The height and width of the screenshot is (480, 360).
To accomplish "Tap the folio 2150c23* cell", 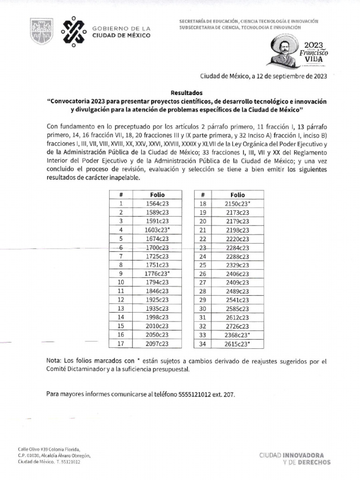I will pos(237,203).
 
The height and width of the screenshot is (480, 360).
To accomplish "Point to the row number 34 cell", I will pos(203,344).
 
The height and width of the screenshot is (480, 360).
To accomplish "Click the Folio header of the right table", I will pos(237,195).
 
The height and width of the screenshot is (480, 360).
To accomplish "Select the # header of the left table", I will pos(120,195).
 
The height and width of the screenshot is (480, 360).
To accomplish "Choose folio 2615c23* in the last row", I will pos(237,344).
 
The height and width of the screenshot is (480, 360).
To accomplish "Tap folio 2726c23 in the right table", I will pos(237,326).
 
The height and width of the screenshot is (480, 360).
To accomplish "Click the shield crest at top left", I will pos(41,32).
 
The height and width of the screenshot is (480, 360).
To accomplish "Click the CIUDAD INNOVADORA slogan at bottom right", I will pos(294,455).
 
